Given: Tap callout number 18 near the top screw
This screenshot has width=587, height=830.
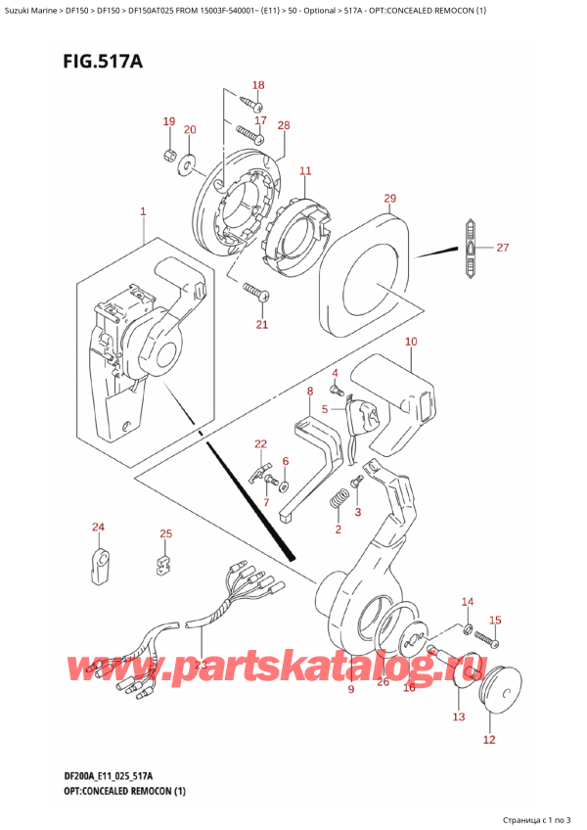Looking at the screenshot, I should click(x=259, y=85).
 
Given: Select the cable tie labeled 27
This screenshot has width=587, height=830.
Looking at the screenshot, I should click(x=471, y=249).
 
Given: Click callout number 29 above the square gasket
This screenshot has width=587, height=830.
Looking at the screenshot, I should click(x=389, y=200).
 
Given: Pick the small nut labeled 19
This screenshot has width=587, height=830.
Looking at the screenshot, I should click(x=168, y=156).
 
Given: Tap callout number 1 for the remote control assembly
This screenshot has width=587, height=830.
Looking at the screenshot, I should click(x=143, y=211).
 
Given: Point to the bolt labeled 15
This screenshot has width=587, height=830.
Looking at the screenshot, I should click(x=487, y=641).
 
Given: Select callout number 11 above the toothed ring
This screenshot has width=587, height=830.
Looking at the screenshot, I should click(x=305, y=171).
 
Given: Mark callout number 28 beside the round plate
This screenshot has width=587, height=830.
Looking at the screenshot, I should click(x=284, y=124).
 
